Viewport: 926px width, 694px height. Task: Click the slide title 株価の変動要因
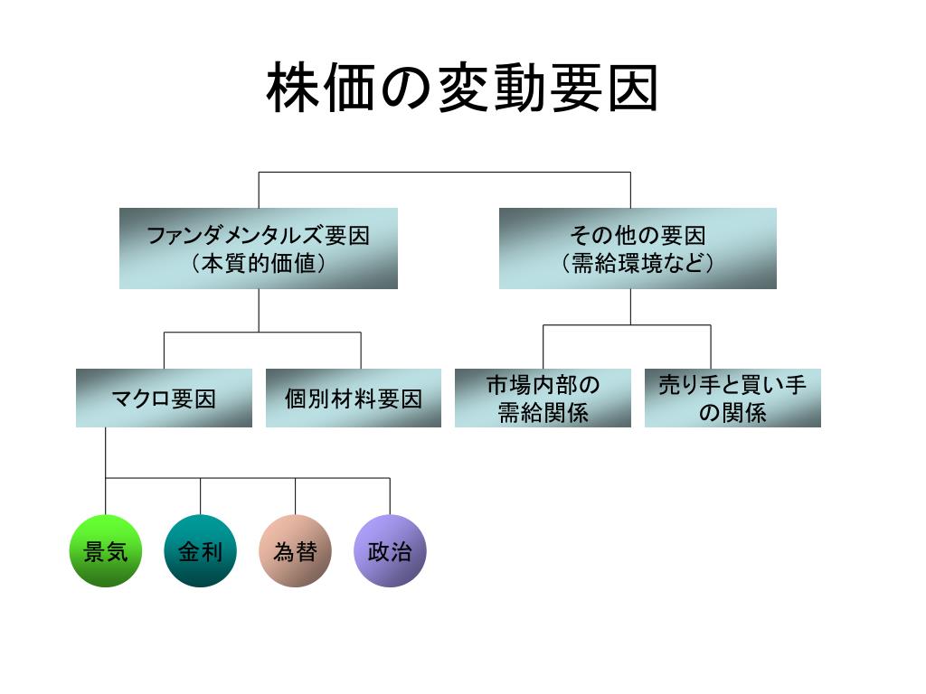[462, 89]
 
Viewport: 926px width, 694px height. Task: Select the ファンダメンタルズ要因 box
[258, 249]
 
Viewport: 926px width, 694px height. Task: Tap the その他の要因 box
[638, 249]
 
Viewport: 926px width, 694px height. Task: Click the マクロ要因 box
[164, 398]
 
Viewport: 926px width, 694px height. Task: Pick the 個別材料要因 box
[354, 398]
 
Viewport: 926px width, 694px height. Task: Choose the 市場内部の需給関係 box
[543, 398]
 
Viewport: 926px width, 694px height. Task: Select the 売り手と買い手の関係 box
[732, 398]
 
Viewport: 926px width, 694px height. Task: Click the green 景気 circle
[106, 551]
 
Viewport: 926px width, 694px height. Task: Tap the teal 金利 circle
[200, 551]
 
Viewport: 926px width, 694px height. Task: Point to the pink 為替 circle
[295, 551]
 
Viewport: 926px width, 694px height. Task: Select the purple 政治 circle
[390, 551]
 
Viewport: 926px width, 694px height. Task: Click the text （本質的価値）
[258, 264]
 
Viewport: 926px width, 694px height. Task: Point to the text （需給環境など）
[638, 264]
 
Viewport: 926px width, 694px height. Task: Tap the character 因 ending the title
[632, 89]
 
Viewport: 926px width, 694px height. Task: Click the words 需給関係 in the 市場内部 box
[543, 413]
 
